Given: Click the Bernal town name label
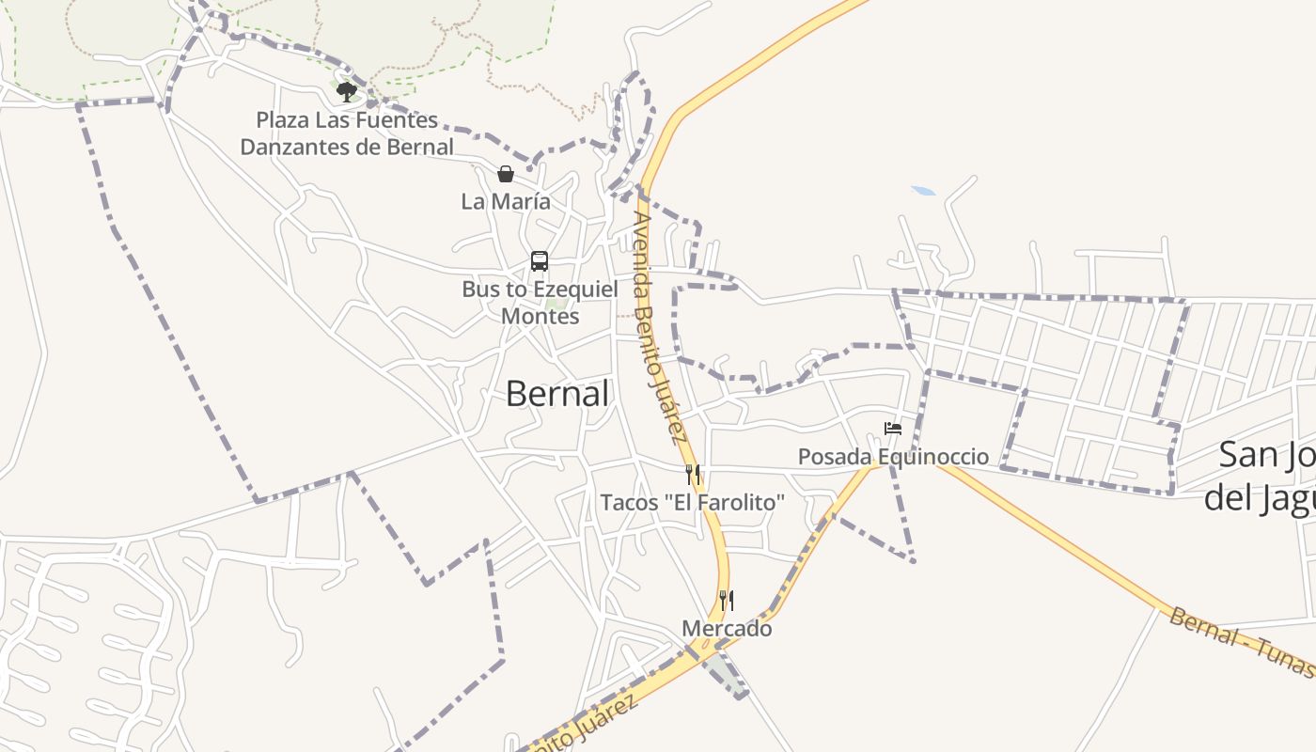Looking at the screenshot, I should click(557, 394).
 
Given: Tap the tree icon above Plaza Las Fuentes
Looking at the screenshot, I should click(347, 91).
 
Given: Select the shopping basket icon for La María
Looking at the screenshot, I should click(506, 174).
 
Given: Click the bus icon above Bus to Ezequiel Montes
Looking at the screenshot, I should click(540, 261).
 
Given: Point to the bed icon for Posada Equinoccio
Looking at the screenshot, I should click(893, 430).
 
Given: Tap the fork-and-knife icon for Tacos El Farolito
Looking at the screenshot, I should click(693, 474).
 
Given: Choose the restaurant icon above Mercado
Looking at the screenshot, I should click(727, 600).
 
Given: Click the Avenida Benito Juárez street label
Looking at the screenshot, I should click(658, 326).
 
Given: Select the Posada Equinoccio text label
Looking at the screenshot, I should click(893, 457).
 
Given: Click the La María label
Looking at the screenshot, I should click(506, 201).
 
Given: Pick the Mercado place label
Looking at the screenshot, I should click(727, 629).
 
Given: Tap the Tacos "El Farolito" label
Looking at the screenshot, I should click(693, 503).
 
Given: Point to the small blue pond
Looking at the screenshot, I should click(923, 191).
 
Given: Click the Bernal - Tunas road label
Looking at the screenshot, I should click(1241, 642).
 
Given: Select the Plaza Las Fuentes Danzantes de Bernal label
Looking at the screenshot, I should click(347, 133).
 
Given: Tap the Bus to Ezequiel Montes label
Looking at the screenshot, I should click(540, 303).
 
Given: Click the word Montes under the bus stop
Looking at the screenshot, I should click(540, 317).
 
